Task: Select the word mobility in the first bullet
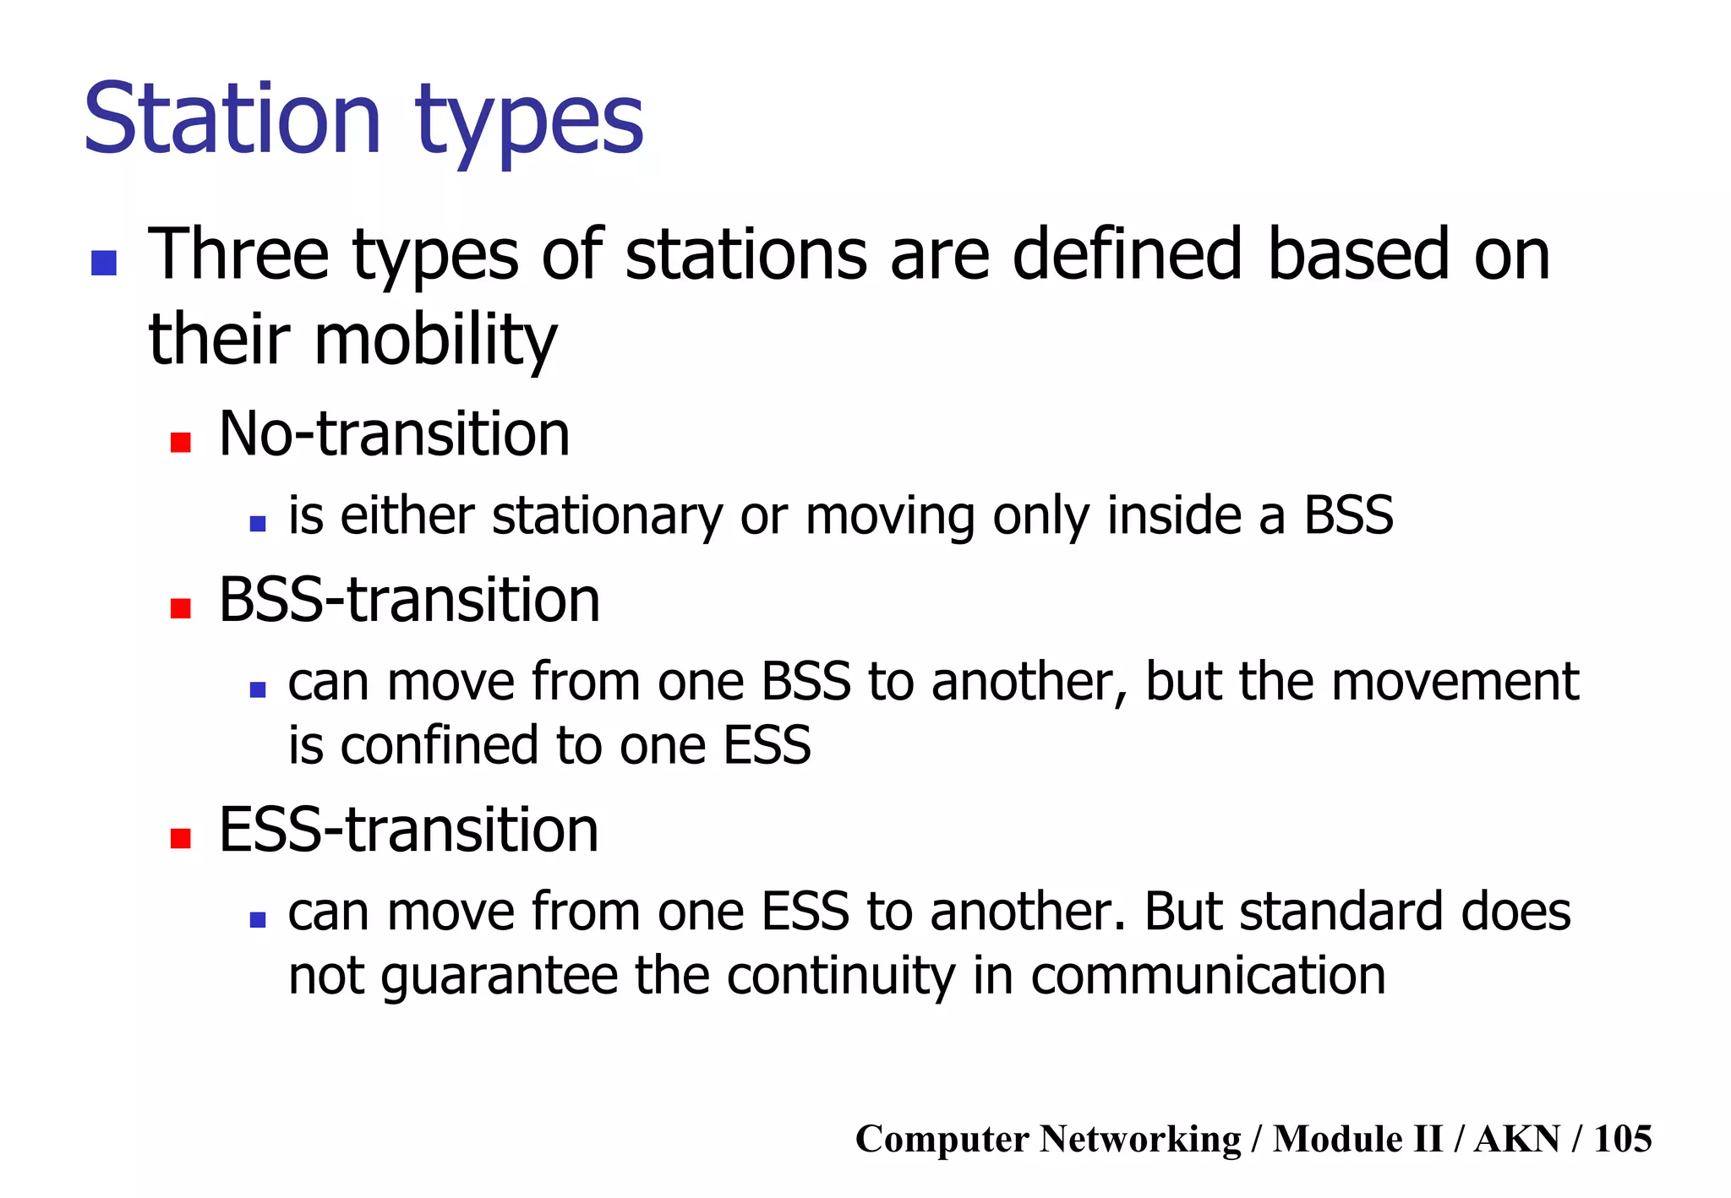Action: pyautogui.click(x=435, y=340)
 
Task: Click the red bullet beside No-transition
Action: pyautogui.click(x=180, y=442)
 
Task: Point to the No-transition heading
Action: pyautogui.click(x=394, y=433)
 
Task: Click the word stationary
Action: pyautogui.click(x=607, y=516)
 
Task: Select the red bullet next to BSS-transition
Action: pyautogui.click(x=180, y=608)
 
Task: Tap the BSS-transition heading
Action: pyautogui.click(x=409, y=600)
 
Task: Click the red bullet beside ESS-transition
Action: pyautogui.click(x=180, y=838)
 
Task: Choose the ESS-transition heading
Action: pyautogui.click(x=408, y=830)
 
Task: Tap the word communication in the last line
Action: pyautogui.click(x=1208, y=976)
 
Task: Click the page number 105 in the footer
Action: pyautogui.click(x=1622, y=1139)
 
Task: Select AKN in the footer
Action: pyautogui.click(x=1516, y=1139)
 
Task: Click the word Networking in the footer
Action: pyautogui.click(x=1140, y=1139)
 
